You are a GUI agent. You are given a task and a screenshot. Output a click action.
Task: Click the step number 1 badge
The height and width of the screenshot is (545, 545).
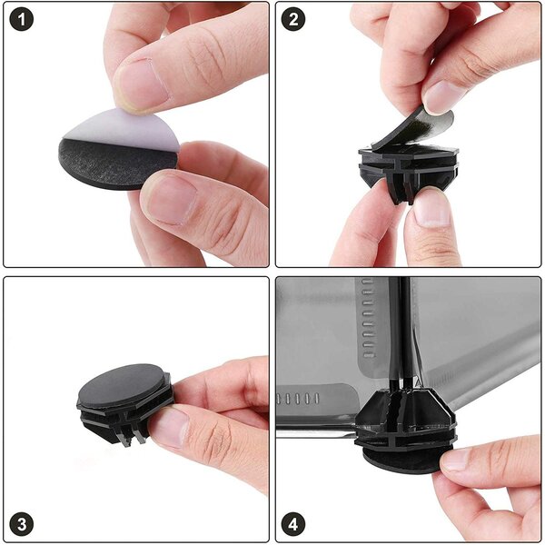click(22, 19)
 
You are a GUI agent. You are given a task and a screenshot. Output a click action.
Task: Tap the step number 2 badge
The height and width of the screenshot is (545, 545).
click(293, 19)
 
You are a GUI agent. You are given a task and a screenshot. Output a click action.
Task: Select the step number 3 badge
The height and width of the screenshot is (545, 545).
click(22, 523)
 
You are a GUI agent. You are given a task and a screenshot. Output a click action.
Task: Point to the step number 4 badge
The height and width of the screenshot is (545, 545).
click(293, 523)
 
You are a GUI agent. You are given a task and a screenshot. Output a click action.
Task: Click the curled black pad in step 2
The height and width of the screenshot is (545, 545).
click(413, 129)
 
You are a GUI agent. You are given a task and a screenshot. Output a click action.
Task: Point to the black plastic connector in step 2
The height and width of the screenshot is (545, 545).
click(409, 171)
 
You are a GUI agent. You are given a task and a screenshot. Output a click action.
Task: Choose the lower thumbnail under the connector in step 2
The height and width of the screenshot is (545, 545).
click(431, 209)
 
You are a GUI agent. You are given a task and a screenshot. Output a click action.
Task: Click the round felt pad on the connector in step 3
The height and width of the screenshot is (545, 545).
click(123, 385)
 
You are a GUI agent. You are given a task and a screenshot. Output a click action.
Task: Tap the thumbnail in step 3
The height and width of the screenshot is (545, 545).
click(168, 428)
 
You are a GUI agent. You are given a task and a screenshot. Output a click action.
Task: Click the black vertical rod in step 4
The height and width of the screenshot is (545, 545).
click(400, 333)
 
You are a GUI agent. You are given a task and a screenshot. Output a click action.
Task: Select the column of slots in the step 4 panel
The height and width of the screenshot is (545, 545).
click(369, 318)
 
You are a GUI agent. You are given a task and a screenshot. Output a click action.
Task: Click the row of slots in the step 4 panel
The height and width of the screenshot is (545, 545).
click(298, 399)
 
